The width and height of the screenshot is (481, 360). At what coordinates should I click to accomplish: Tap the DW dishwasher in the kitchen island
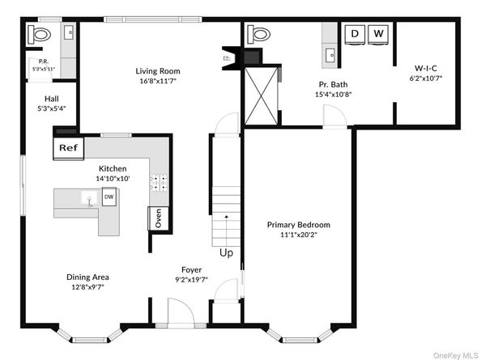pyautogui.click(x=109, y=197)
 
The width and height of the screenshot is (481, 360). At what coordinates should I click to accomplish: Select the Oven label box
pyautogui.click(x=159, y=218)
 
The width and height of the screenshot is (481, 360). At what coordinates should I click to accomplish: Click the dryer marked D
pyautogui.click(x=355, y=34)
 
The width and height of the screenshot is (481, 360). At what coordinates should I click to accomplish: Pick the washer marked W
pyautogui.click(x=378, y=34)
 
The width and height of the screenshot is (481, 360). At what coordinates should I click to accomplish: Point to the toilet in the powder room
pyautogui.click(x=39, y=34)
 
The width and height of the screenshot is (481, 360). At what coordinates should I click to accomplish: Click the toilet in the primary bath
pyautogui.click(x=260, y=34)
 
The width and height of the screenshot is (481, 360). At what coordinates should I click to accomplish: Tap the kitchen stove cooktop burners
pyautogui.click(x=159, y=182)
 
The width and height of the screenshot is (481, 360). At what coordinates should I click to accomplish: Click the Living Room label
pyautogui.click(x=157, y=71)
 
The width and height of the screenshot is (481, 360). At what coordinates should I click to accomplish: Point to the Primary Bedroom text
pyautogui.click(x=299, y=225)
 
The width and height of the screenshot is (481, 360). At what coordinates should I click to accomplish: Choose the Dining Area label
pyautogui.click(x=87, y=277)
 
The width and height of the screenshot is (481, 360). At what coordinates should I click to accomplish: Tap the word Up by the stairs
pyautogui.click(x=226, y=252)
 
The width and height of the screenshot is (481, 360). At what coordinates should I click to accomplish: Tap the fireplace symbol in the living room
pyautogui.click(x=229, y=58)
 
